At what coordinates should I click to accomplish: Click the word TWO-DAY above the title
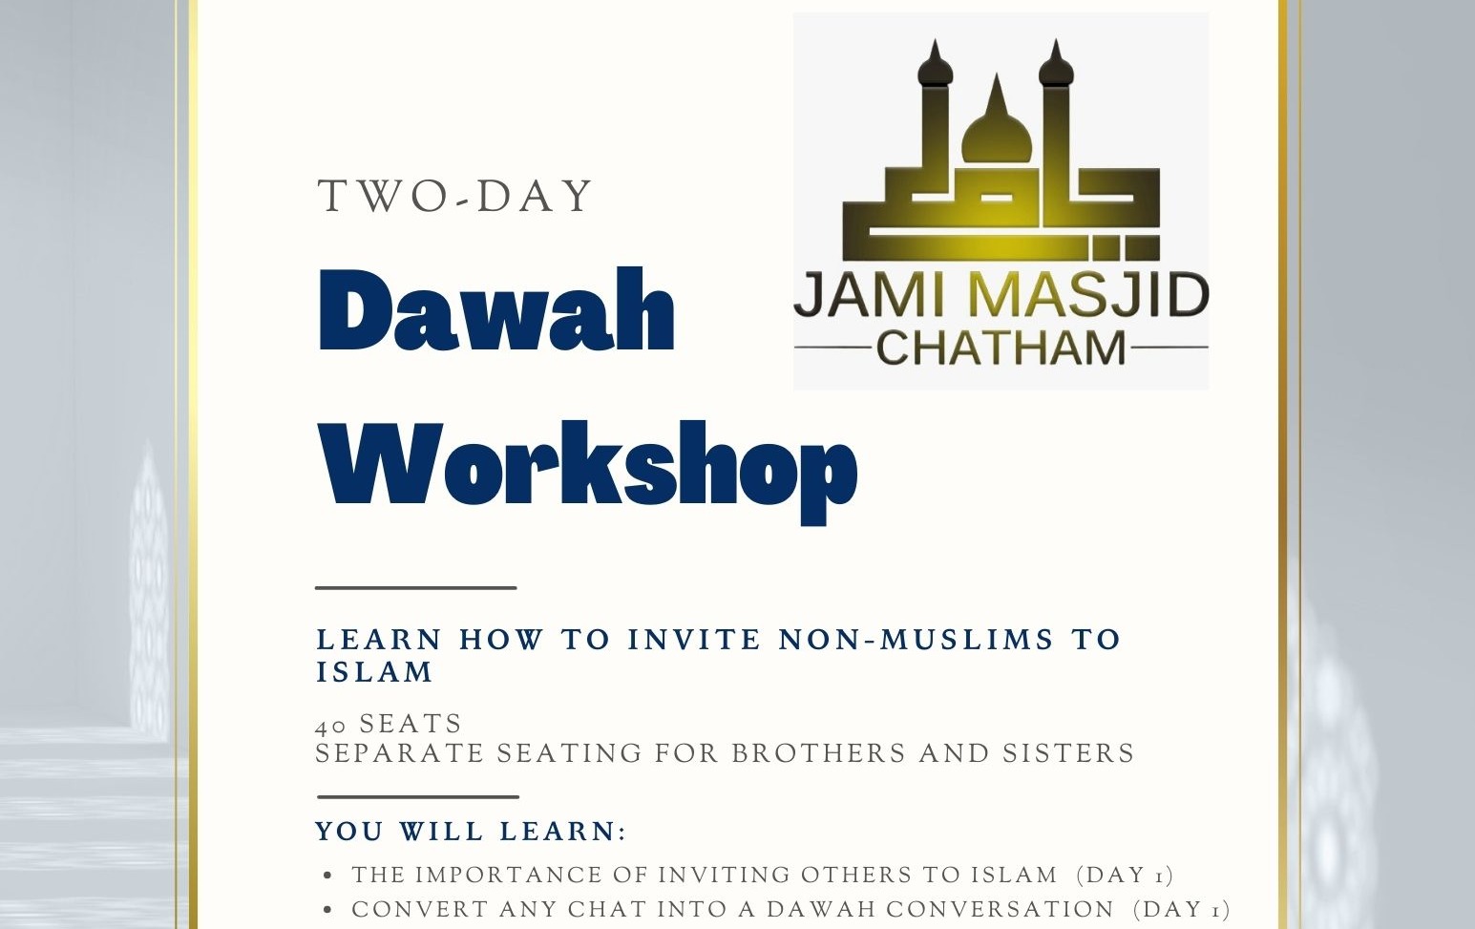pos(455,197)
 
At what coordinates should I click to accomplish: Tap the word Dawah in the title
pos(496,312)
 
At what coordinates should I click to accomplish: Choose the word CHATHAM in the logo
pos(1001,348)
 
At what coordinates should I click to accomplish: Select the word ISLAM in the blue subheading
pos(374,672)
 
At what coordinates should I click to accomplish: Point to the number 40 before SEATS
pos(330,726)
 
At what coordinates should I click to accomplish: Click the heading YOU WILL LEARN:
pos(471,831)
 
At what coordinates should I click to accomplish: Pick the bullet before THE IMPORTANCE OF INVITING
pos(329,876)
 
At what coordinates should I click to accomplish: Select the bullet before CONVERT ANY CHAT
pos(329,910)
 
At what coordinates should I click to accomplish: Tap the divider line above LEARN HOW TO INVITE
pos(416,588)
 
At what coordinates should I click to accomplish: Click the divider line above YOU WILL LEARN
pos(418,796)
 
